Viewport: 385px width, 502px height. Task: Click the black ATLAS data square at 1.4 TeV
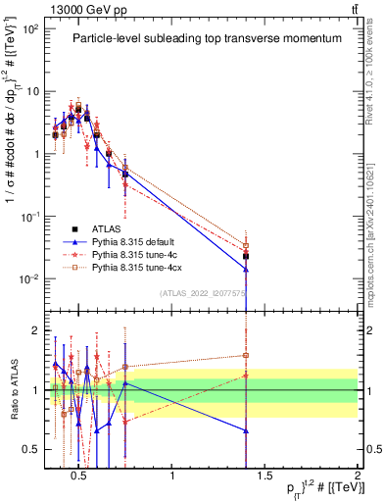(x=246, y=257)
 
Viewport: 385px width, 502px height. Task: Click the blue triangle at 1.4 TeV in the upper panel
(x=246, y=269)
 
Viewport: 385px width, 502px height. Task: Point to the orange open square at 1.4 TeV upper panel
(x=246, y=245)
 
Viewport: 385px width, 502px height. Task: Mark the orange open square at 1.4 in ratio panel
(x=246, y=356)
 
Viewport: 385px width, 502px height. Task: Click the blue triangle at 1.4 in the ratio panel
(x=246, y=430)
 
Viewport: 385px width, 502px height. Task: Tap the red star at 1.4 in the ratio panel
(x=246, y=376)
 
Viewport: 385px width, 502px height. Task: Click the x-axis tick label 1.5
(x=265, y=476)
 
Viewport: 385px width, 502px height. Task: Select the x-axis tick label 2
(x=357, y=476)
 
